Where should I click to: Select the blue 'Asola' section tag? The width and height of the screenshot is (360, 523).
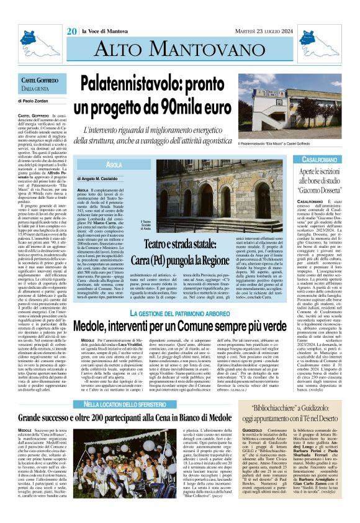coord(114,165)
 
